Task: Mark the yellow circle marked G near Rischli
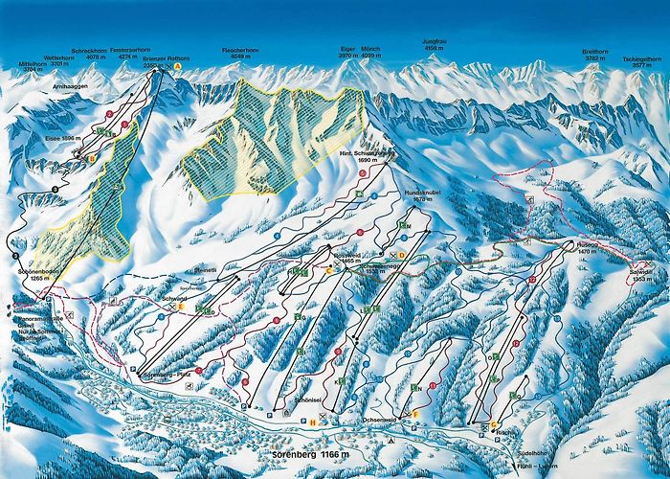495,424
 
